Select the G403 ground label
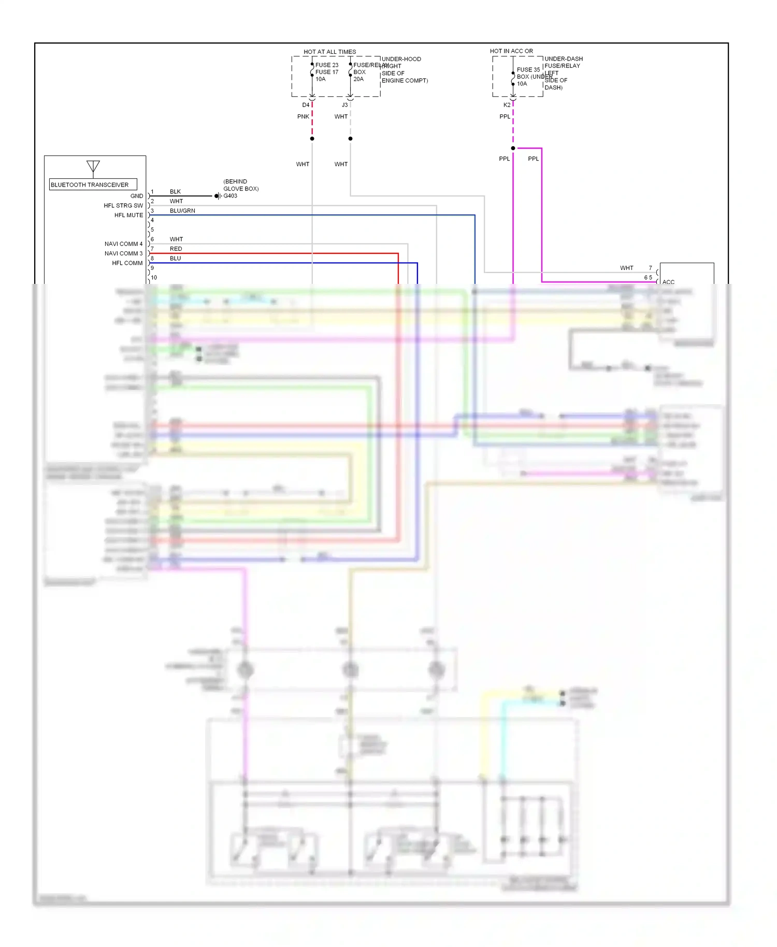pyautogui.click(x=230, y=196)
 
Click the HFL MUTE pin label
pyautogui.click(x=128, y=215)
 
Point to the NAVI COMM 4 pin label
pyautogui.click(x=123, y=243)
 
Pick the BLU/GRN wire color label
pyautogui.click(x=182, y=211)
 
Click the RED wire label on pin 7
pyautogui.click(x=176, y=249)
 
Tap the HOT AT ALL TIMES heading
pyautogui.click(x=329, y=52)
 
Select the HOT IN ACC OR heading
pyautogui.click(x=511, y=51)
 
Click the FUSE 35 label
pyautogui.click(x=528, y=69)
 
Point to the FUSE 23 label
pyautogui.click(x=327, y=65)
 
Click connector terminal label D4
pyautogui.click(x=306, y=105)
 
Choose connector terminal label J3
pyautogui.click(x=344, y=105)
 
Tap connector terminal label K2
pyautogui.click(x=507, y=105)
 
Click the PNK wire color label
pyautogui.click(x=303, y=117)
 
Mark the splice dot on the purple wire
pyautogui.click(x=513, y=148)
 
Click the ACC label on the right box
pyautogui.click(x=668, y=282)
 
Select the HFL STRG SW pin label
pyautogui.click(x=123, y=206)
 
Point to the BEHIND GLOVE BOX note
pyautogui.click(x=241, y=185)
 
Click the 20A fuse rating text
pyautogui.click(x=358, y=79)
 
